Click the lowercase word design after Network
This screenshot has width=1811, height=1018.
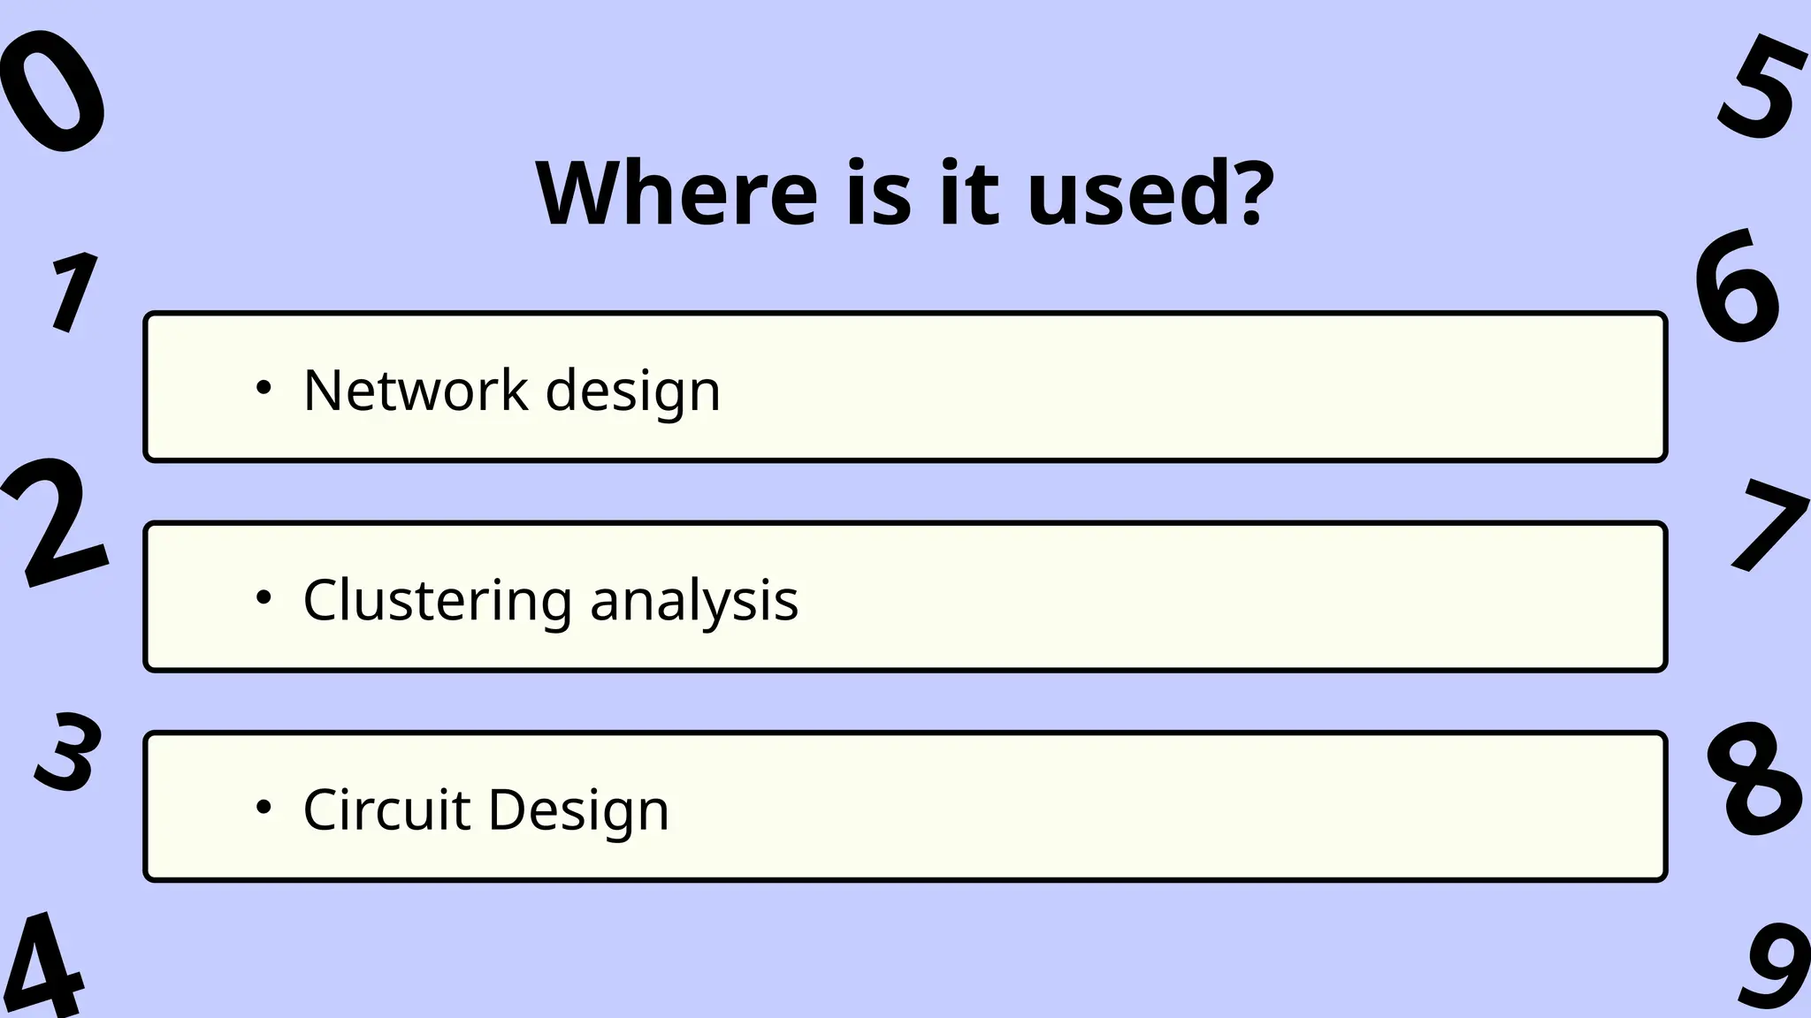click(633, 391)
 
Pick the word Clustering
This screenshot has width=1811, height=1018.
click(438, 601)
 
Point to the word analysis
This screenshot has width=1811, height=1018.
click(694, 601)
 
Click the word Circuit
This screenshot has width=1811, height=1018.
click(386, 809)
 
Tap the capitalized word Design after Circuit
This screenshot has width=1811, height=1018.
click(578, 810)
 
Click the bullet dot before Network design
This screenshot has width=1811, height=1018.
click(263, 388)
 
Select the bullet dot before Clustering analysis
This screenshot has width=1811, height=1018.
click(263, 598)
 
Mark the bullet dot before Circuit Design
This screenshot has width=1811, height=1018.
click(263, 808)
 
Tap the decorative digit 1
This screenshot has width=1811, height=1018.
click(73, 292)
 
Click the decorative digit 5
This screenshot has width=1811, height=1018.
click(1760, 87)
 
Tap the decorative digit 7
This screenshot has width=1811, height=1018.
click(1767, 526)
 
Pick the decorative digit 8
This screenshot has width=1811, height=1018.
click(1753, 779)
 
